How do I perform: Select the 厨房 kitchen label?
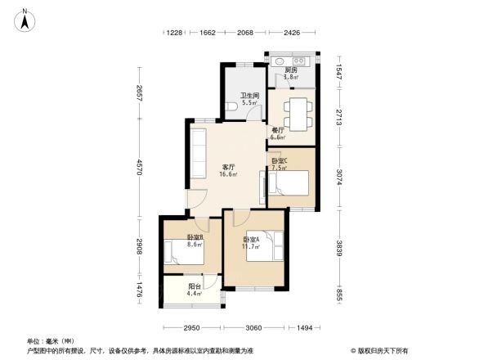291,71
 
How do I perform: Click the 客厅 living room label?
230,169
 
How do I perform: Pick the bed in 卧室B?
183,252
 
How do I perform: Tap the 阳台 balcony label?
195,288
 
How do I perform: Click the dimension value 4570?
140,168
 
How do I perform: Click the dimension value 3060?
253,327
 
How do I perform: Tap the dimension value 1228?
174,33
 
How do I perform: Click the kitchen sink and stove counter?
289,61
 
